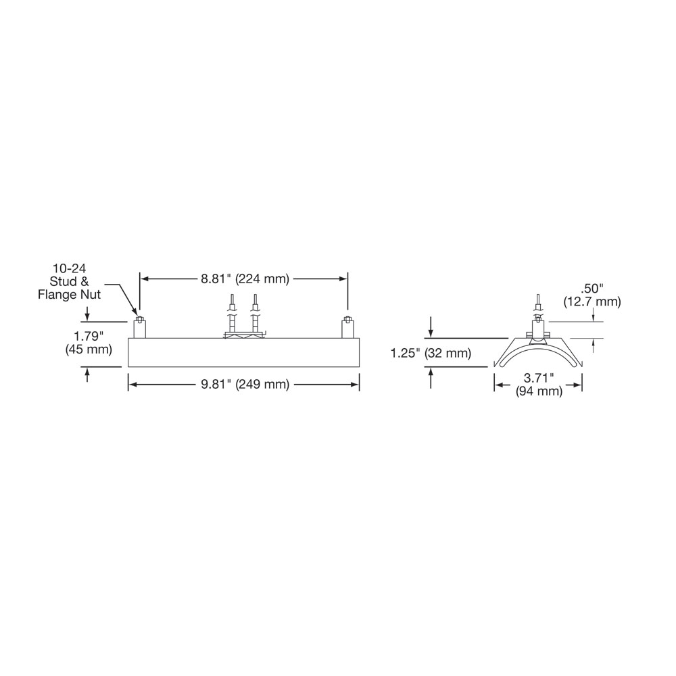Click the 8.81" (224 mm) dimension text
pyautogui.click(x=245, y=279)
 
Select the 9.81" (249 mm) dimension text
pyautogui.click(x=245, y=384)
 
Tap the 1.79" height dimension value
pyautogui.click(x=89, y=335)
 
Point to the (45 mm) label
pyautogui.click(x=89, y=349)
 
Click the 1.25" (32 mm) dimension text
pyautogui.click(x=431, y=354)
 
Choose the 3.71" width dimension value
pyautogui.click(x=539, y=378)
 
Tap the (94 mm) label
pyautogui.click(x=539, y=391)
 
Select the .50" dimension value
pyautogui.click(x=592, y=288)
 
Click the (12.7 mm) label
pyautogui.click(x=592, y=301)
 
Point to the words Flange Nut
pyautogui.click(x=70, y=295)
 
